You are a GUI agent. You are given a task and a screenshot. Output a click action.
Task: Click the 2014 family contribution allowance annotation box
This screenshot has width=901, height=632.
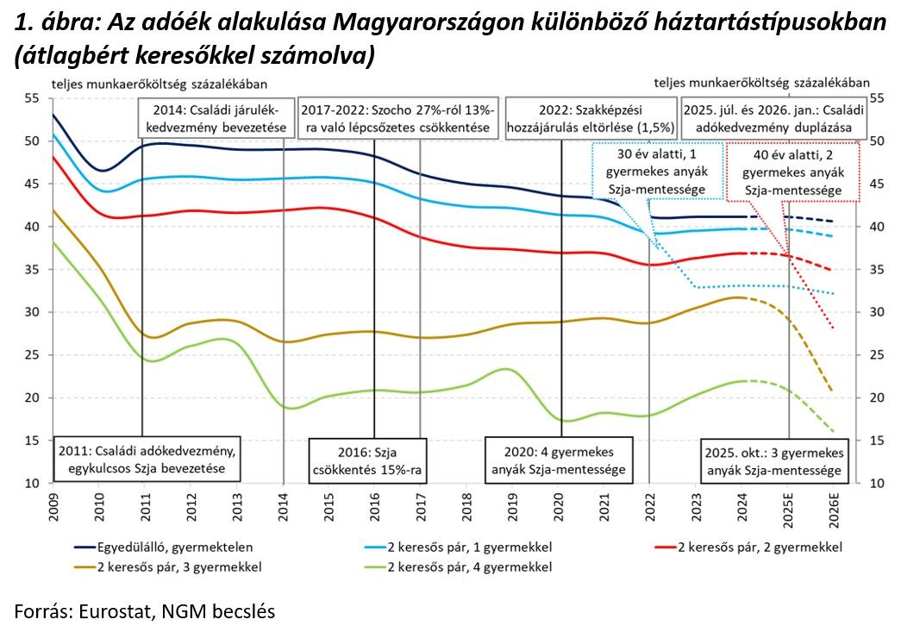212,119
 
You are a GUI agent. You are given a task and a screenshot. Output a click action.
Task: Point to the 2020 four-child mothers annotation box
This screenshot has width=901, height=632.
559,460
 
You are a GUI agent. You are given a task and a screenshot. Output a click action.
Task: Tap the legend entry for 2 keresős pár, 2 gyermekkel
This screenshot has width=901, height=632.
760,547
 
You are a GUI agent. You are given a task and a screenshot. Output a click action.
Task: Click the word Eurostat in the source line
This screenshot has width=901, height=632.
114,611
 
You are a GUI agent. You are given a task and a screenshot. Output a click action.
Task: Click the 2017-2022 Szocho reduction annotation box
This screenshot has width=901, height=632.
398,119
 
